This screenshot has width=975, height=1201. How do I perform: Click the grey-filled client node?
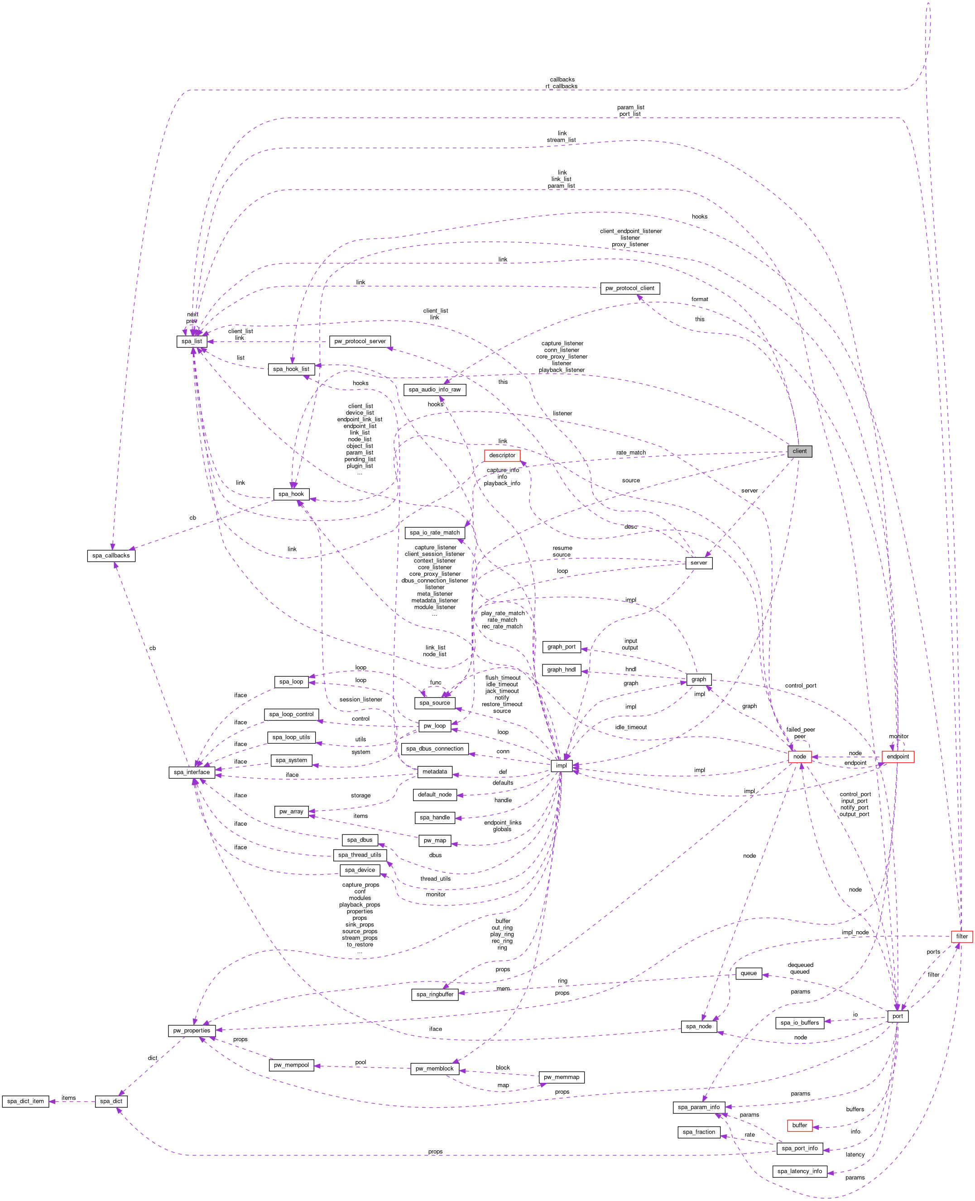pyautogui.click(x=799, y=451)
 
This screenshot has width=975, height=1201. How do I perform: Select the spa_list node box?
pyautogui.click(x=192, y=341)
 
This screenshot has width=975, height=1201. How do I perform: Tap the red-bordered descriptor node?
pyautogui.click(x=502, y=455)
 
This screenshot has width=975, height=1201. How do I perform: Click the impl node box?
pyautogui.click(x=561, y=766)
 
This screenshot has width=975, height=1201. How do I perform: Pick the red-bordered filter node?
pyautogui.click(x=961, y=936)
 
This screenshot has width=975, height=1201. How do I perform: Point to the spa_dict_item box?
pyautogui.click(x=25, y=1101)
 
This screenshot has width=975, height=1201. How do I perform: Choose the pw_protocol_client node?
pyautogui.click(x=629, y=288)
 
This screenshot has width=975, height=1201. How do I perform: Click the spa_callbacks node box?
pyautogui.click(x=110, y=555)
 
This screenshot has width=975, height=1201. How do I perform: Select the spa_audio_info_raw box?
pyautogui.click(x=434, y=389)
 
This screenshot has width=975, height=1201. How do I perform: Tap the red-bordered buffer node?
pyautogui.click(x=799, y=1125)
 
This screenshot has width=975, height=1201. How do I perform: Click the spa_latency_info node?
pyautogui.click(x=800, y=1171)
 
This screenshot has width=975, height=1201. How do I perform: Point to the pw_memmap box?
pyautogui.click(x=561, y=1077)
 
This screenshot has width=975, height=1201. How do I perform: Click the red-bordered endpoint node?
pyautogui.click(x=898, y=756)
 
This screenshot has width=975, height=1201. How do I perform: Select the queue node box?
pyautogui.click(x=748, y=973)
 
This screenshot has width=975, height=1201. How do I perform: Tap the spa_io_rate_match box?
pyautogui.click(x=434, y=532)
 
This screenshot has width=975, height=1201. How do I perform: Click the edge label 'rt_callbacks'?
pyautogui.click(x=561, y=86)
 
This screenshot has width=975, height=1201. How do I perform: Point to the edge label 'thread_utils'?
pyautogui.click(x=435, y=879)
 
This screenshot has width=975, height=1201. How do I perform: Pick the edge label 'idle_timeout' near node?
pyautogui.click(x=631, y=727)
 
